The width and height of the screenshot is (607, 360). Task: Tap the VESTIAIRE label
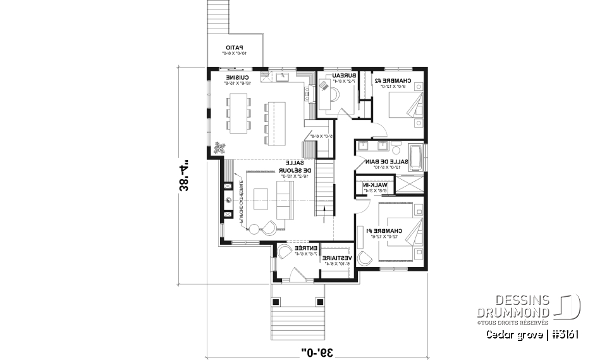[334, 259]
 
